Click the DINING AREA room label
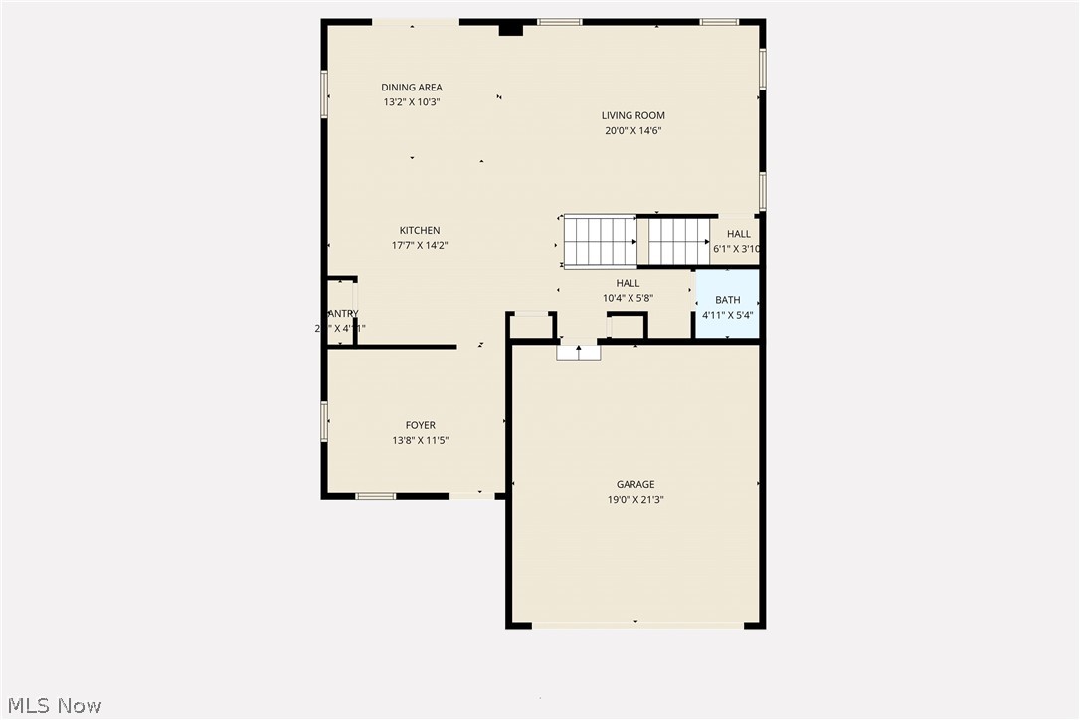(411, 88)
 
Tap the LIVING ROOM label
(632, 115)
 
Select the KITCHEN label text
(420, 231)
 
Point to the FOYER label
(420, 426)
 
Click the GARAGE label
(634, 485)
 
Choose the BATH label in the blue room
(727, 300)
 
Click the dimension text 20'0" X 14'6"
(632, 130)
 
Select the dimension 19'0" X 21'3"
(634, 500)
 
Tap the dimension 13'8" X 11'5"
(420, 441)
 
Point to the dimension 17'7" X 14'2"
(420, 245)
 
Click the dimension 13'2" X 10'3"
(411, 102)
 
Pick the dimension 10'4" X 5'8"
(628, 298)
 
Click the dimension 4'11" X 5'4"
(727, 315)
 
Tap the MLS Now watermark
(52, 706)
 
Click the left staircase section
(600, 242)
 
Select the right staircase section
(680, 242)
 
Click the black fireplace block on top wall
(510, 30)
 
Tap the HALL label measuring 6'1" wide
(739, 235)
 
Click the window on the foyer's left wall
(324, 421)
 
